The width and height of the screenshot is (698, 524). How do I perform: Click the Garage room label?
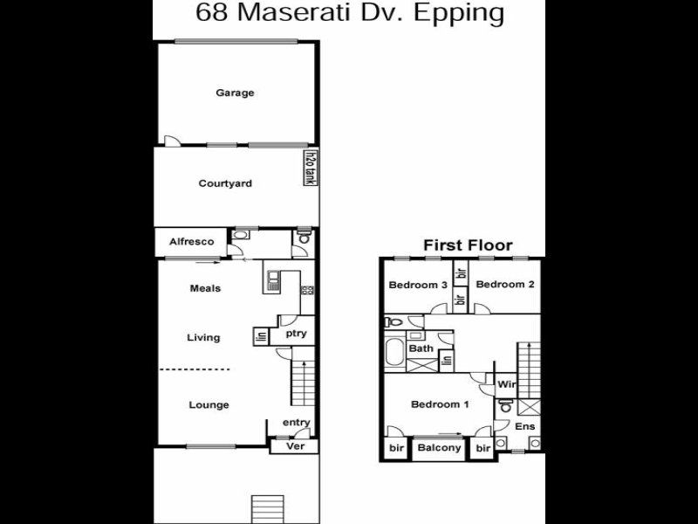[x=235, y=93]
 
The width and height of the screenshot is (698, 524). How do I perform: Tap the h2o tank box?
[x=311, y=168]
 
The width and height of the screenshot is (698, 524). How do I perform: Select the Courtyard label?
[x=225, y=183]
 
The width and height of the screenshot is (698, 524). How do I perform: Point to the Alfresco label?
[x=191, y=242]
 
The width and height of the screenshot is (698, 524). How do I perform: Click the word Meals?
[x=205, y=288]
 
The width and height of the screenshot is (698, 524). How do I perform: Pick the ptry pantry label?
[x=296, y=334]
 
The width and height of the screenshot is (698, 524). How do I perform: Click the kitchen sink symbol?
[x=273, y=280]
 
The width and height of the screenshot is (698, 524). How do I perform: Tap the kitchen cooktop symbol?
[x=308, y=291]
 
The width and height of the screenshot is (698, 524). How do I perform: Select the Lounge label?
[x=209, y=404]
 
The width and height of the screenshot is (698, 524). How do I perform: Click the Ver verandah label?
[x=296, y=446]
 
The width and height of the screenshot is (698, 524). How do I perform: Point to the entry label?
[x=297, y=422]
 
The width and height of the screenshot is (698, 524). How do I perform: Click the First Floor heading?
[x=468, y=245]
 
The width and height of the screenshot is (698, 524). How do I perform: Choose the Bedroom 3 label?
[x=418, y=285]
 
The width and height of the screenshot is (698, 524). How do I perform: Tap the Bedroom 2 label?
[x=505, y=285]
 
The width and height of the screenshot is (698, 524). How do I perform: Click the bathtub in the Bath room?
[x=394, y=352]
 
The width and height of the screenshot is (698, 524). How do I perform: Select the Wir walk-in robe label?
[x=507, y=384]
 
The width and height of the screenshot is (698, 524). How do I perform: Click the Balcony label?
[x=440, y=448]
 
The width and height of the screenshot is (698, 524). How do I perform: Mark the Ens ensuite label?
[x=525, y=426]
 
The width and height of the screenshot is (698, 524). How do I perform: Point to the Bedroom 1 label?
[x=440, y=404]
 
